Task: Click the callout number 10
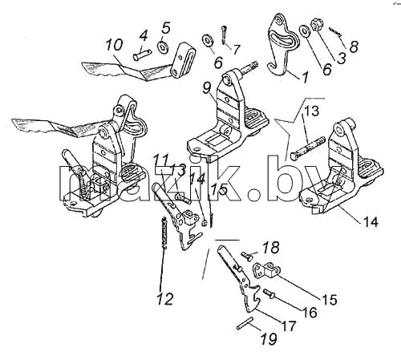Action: (114, 45)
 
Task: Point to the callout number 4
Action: (144, 35)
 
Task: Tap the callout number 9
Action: (207, 87)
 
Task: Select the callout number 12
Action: (165, 298)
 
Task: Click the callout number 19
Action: (269, 339)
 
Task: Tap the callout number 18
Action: (271, 248)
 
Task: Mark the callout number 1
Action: (305, 76)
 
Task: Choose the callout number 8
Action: (354, 47)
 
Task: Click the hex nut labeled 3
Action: (317, 26)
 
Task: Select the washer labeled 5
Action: (162, 47)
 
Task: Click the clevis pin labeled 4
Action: (142, 55)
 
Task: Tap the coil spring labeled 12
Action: (165, 233)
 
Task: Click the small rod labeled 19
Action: (244, 322)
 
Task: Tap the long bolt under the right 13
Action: (308, 148)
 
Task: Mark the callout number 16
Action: (310, 312)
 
